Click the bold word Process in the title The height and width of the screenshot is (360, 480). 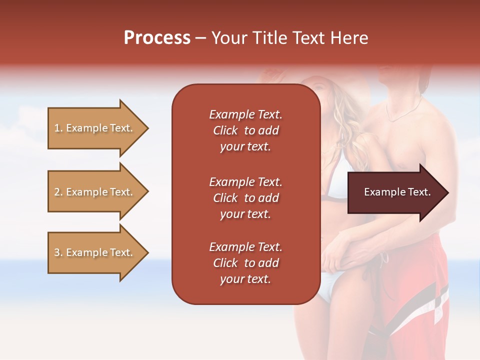coord(157,38)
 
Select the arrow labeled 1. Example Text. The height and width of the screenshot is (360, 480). coord(95,128)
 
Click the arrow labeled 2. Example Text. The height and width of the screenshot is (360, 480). coord(95,192)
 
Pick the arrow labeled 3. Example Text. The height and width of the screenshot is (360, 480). coord(95,252)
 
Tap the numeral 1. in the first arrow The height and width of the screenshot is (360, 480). coord(58,128)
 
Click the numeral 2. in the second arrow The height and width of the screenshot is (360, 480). coord(58,192)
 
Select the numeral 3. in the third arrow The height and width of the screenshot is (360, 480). coord(58,252)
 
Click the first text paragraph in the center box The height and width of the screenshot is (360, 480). coord(245,130)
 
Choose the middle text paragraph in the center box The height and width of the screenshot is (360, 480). coord(245,198)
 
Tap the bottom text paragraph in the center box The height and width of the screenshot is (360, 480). coord(245,263)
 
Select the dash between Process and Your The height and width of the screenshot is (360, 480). coord(201,38)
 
